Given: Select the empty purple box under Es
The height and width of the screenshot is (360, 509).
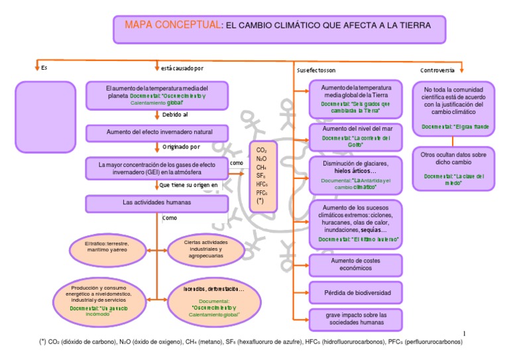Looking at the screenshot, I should [41, 106].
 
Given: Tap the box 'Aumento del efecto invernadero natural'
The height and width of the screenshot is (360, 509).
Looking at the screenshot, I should [156, 132].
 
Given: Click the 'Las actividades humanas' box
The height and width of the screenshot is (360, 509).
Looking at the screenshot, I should [156, 202].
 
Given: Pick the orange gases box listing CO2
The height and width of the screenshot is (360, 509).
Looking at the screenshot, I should [264, 175].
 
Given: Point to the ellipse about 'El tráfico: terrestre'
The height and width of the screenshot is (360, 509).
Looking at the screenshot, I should [107, 248].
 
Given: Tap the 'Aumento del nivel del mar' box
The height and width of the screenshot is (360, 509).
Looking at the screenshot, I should [356, 137].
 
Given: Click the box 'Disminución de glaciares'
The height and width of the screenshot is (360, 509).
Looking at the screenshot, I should [356, 175].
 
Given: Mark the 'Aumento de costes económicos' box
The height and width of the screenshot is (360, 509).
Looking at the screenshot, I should [356, 265].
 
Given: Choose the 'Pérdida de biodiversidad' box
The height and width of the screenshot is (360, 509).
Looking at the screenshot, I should [356, 292].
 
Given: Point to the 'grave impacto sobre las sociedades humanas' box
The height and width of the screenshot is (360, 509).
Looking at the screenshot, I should [356, 318].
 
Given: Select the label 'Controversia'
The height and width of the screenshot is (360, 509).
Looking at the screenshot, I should [437, 70].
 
